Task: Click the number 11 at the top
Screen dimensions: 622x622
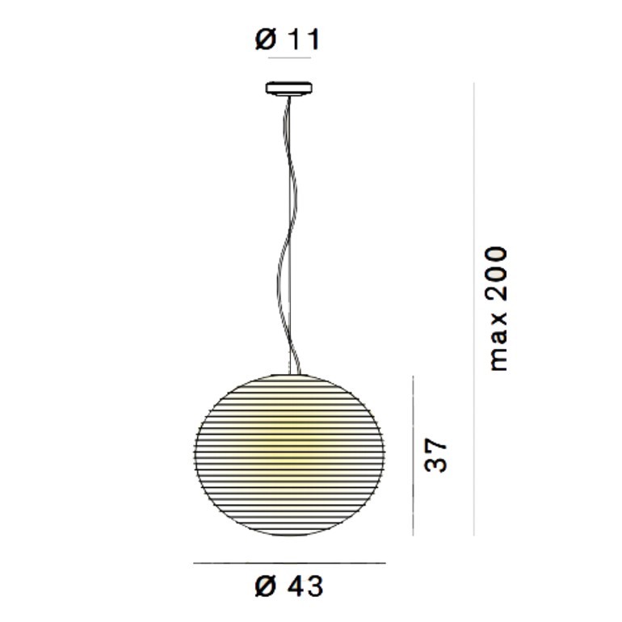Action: coord(304,40)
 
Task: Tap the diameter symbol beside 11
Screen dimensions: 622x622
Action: coord(266,40)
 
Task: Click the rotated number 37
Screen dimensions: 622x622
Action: coord(435,455)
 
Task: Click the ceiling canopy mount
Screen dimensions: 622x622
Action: coord(289,88)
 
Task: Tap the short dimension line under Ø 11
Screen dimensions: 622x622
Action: coord(289,58)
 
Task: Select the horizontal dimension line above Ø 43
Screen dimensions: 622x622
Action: coord(289,562)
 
